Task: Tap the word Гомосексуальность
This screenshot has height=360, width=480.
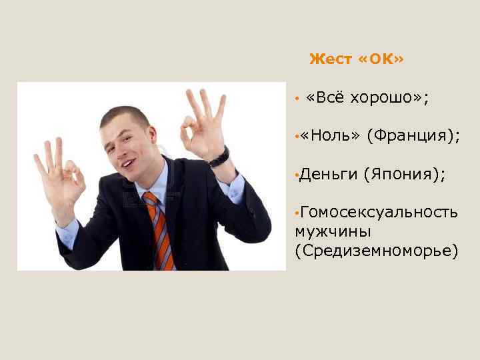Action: [379, 212]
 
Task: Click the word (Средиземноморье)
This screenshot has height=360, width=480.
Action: [376, 251]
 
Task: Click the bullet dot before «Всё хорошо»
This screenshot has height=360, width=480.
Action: [295, 99]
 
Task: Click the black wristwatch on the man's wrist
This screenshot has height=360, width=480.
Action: [219, 157]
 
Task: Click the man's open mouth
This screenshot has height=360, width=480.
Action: [127, 160]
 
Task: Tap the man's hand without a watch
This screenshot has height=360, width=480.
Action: [60, 177]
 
